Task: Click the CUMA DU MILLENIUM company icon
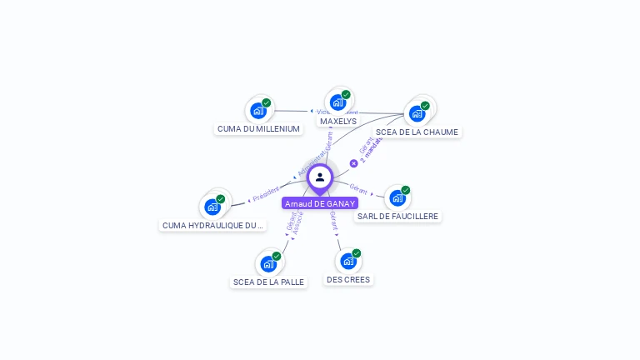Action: [258, 110]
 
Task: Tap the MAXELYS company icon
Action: [337, 102]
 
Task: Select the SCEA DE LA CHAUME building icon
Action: [417, 112]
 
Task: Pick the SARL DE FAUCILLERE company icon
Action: [397, 197]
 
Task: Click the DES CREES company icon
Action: [348, 261]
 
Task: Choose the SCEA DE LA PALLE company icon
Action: [268, 263]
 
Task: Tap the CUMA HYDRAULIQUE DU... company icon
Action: [212, 207]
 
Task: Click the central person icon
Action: [320, 177]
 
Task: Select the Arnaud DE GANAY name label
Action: [320, 203]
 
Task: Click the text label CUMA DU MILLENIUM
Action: [258, 129]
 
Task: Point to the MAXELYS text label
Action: [338, 122]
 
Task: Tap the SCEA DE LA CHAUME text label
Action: [417, 132]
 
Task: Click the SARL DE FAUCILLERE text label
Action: [397, 217]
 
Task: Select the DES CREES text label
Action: [348, 280]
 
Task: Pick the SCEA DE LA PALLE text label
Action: [268, 282]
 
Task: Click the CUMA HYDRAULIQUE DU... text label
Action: [212, 226]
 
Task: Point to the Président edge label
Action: [266, 193]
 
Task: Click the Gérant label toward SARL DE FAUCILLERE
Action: [358, 188]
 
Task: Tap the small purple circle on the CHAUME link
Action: [353, 163]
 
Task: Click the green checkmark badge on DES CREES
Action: [357, 253]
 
